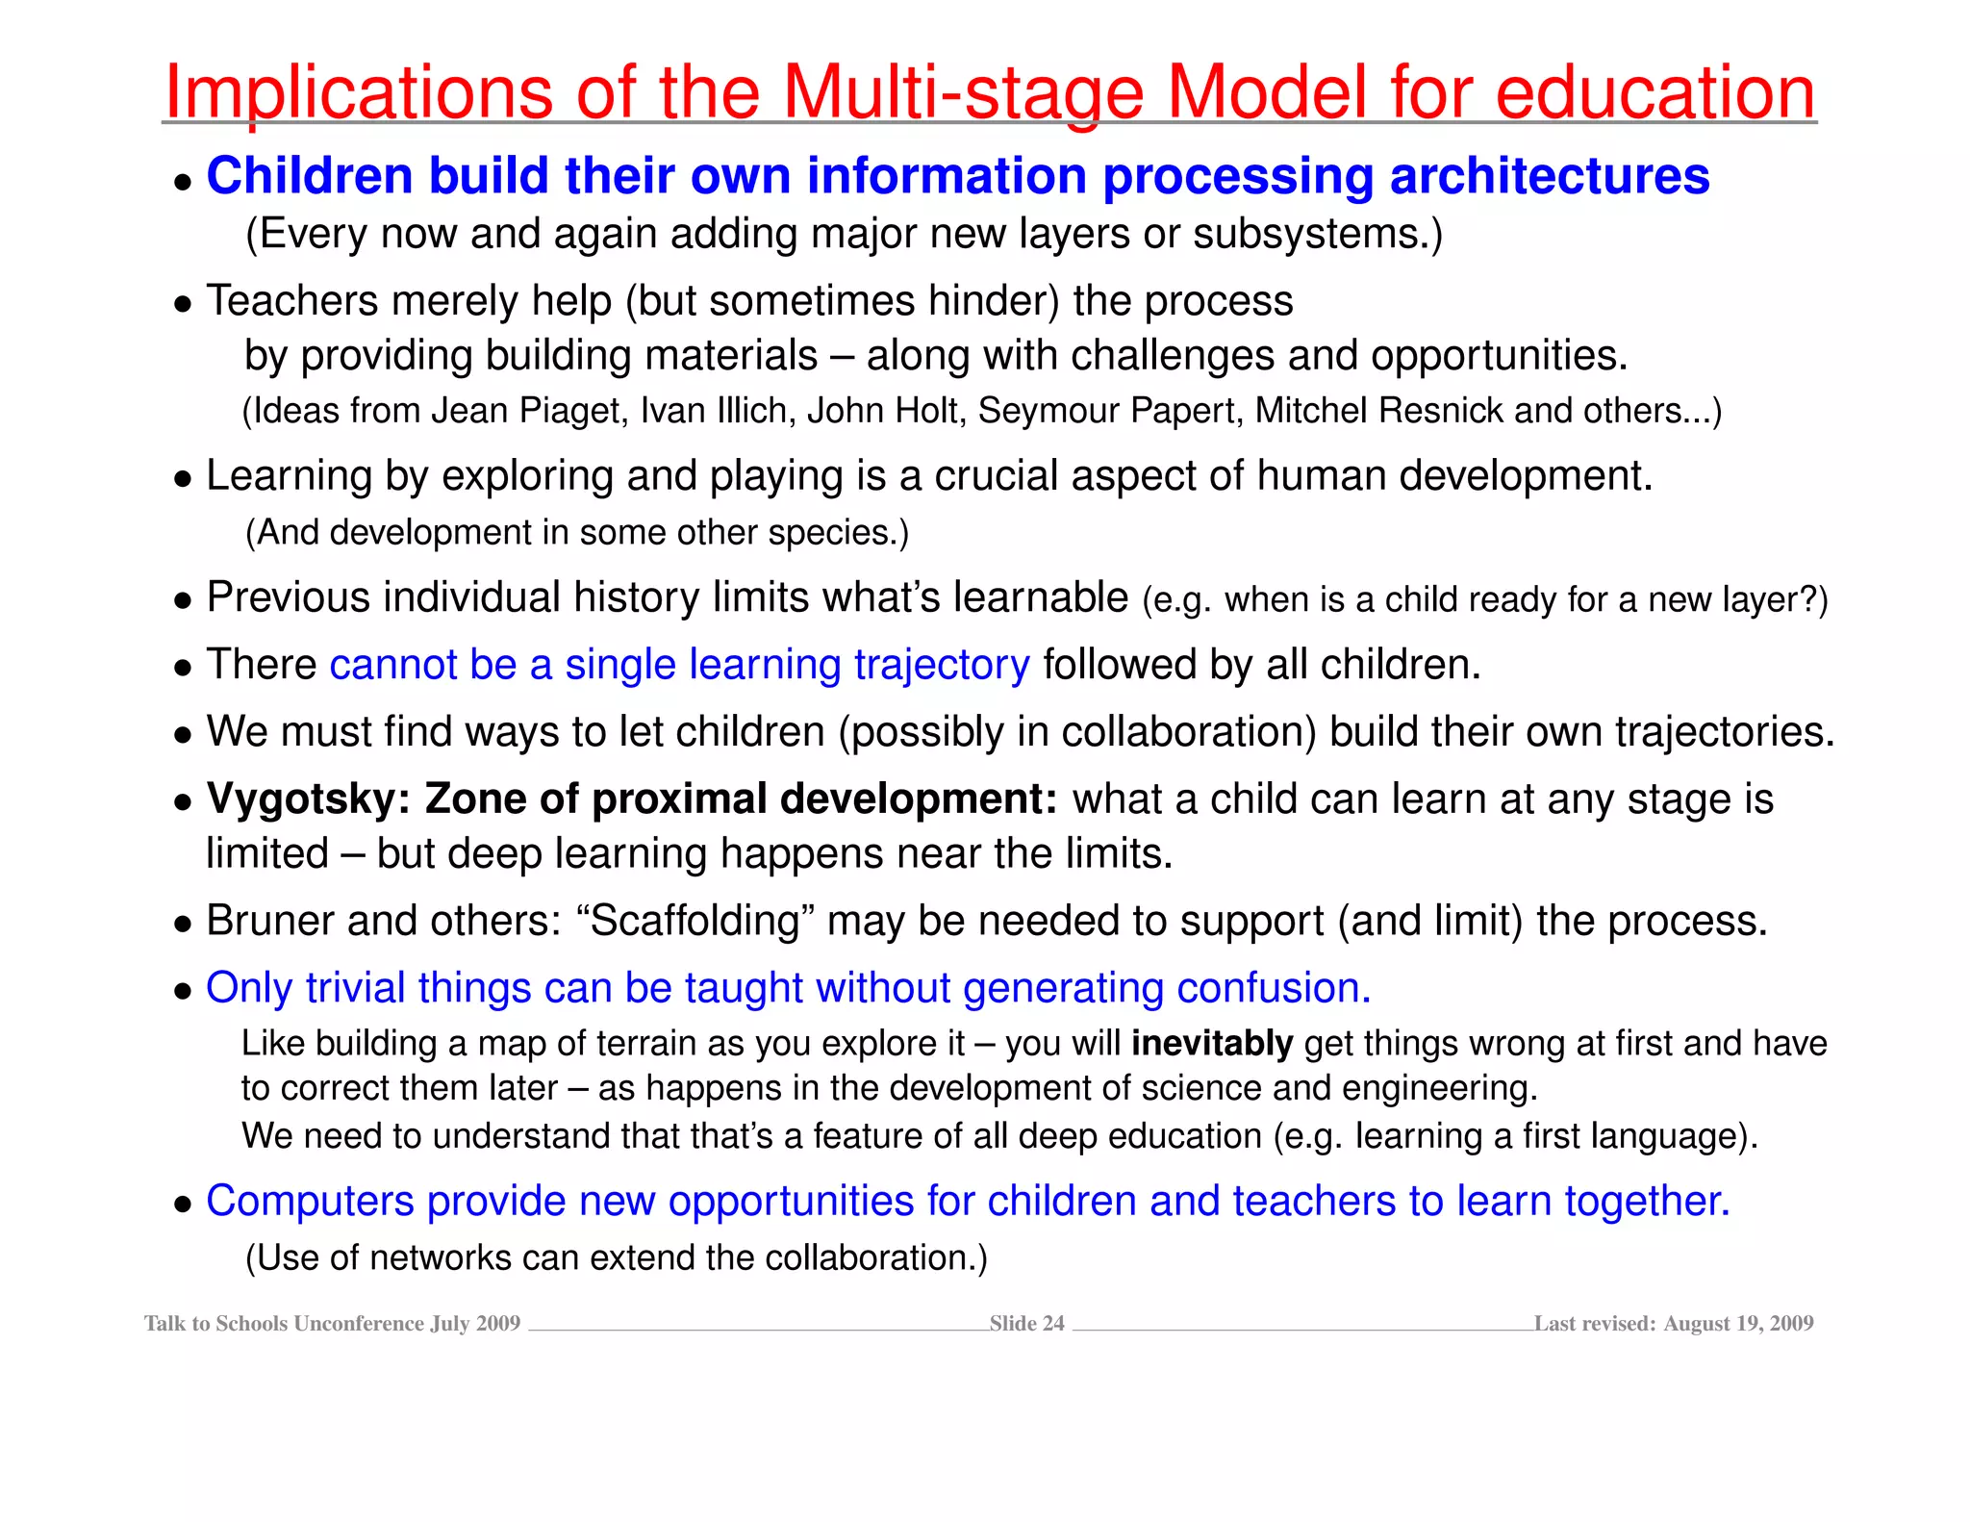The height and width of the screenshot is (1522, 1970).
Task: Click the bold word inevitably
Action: tap(1212, 1044)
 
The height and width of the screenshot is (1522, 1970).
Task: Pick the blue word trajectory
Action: tap(942, 665)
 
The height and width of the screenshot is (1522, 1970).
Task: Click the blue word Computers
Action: tap(310, 1202)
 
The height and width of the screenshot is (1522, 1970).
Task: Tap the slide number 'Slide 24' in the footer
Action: tap(1026, 1324)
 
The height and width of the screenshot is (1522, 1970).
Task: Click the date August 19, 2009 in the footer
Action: tap(1738, 1324)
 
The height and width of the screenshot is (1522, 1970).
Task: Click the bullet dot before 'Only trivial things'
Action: tap(183, 991)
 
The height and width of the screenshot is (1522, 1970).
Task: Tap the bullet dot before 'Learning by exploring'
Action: tap(183, 478)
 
